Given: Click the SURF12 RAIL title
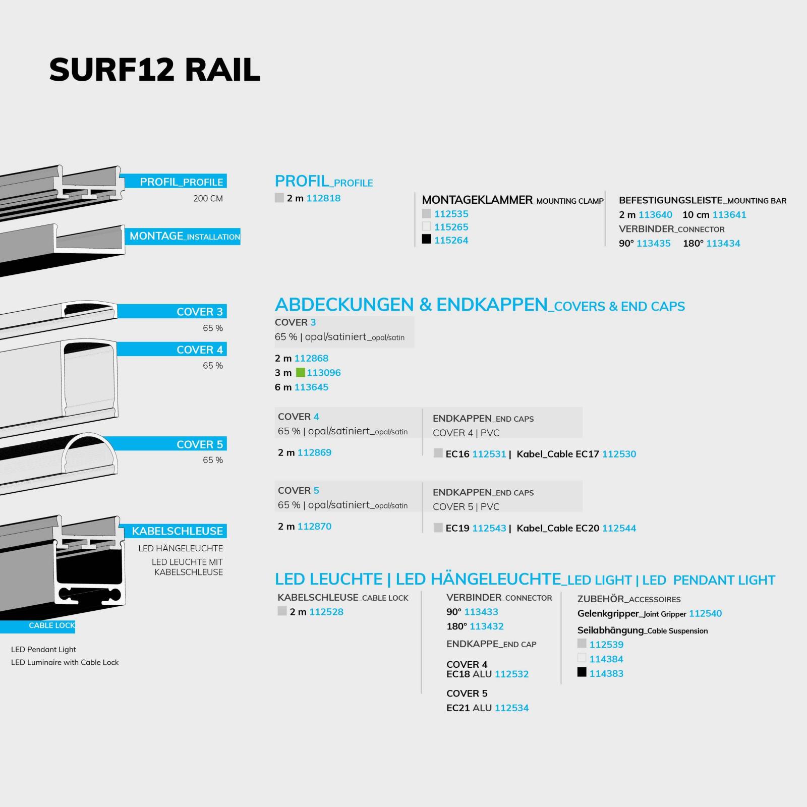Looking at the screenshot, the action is point(155,70).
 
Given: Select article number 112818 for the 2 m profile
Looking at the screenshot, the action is point(323,198).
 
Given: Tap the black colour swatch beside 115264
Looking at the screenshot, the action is point(427,239).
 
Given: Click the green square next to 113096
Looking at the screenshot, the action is point(300,373).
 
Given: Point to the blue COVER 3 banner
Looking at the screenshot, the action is point(171,311).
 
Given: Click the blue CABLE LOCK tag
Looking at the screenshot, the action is point(38,626).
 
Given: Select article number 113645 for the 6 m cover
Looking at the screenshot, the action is point(311,387).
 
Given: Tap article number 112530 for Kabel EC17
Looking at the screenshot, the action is point(619,454).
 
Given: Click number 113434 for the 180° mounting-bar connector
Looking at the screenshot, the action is point(723,244).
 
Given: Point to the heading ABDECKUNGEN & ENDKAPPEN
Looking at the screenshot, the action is point(411,305).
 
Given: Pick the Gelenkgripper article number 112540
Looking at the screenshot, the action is point(706,613).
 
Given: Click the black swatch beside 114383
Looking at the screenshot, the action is point(582,672).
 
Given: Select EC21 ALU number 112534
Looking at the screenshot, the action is point(511,708).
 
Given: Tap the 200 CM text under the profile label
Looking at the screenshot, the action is point(208,199).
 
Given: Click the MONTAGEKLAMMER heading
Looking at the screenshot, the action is point(477,200).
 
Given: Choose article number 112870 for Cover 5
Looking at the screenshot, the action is point(314,527).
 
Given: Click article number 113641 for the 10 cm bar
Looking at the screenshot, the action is point(729,215).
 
